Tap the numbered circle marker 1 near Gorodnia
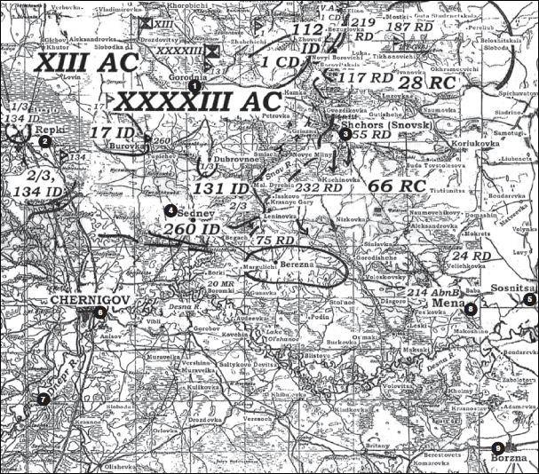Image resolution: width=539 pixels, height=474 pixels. [x=194, y=85]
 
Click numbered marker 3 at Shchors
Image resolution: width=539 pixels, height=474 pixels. [x=345, y=133]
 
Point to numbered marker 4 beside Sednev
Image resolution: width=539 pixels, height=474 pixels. [x=170, y=209]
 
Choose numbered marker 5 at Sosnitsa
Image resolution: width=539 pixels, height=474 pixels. [x=529, y=299]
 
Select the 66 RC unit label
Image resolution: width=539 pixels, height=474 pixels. [x=392, y=186]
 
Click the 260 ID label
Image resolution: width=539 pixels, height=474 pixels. [x=191, y=229]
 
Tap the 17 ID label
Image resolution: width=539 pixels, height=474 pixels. [x=112, y=133]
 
